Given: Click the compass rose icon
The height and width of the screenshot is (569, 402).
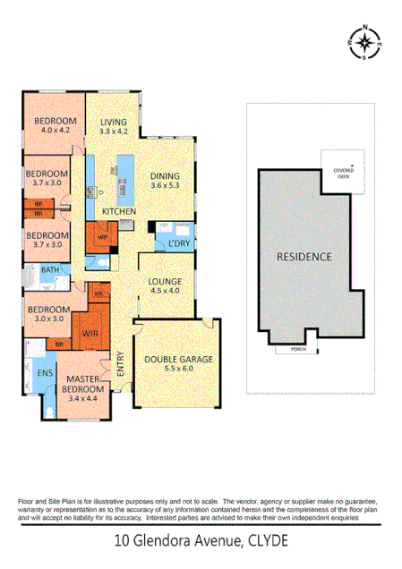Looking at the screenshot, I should click(x=364, y=42).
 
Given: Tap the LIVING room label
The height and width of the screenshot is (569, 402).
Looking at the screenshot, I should click(x=114, y=123).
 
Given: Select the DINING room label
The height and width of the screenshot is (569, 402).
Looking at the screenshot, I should click(x=164, y=176).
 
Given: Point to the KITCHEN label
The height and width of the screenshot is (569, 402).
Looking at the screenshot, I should click(x=118, y=211).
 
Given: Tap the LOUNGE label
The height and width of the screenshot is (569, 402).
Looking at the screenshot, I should click(x=165, y=281).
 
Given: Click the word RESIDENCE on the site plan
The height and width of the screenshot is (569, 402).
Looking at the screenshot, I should click(x=304, y=257).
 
